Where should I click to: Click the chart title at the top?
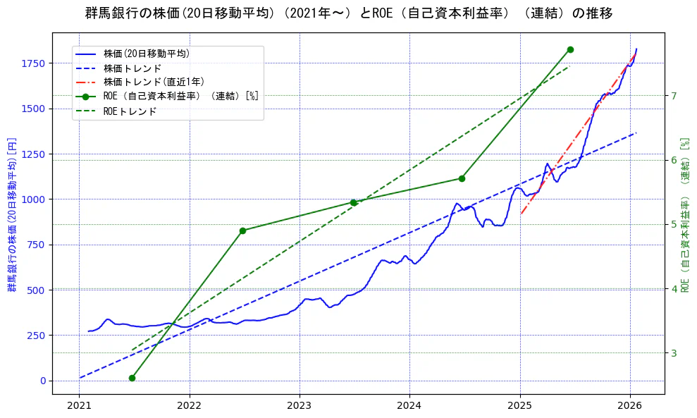click(x=349, y=13)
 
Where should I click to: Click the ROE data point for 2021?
click(x=132, y=378)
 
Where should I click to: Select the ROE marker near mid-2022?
click(x=242, y=230)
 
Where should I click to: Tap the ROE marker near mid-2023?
click(x=353, y=202)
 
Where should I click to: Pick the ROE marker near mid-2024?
click(x=462, y=178)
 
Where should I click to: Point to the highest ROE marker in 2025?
click(x=570, y=49)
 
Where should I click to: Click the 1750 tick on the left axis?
click(x=34, y=63)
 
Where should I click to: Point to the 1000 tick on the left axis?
click(x=34, y=199)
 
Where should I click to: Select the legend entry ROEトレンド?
click(x=130, y=111)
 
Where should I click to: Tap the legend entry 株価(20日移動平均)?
click(x=146, y=53)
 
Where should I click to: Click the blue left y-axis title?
click(x=11, y=214)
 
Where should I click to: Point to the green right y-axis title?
click(x=685, y=214)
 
